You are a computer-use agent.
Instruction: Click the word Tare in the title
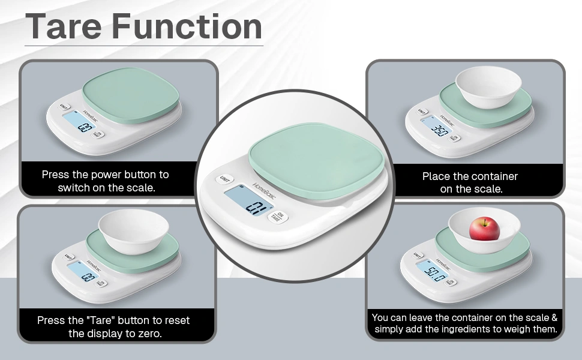point(64,26)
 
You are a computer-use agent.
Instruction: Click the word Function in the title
point(187,26)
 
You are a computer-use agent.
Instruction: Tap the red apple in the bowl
point(484,229)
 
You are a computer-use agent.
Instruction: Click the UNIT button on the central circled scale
point(224,179)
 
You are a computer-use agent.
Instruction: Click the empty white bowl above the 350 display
point(488,87)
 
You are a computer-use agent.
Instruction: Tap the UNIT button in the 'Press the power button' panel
point(64,107)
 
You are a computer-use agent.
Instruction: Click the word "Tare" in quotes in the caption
point(100,320)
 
